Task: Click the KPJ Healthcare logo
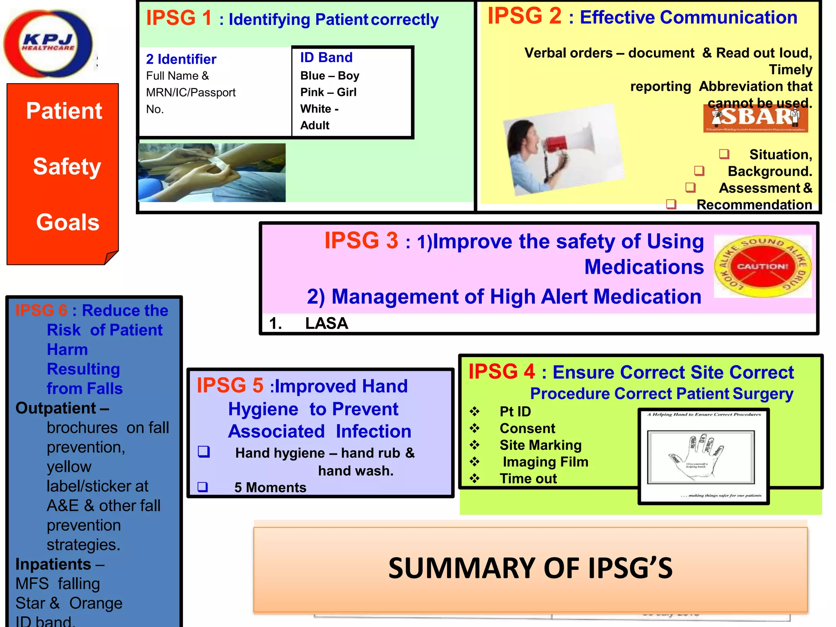(48, 43)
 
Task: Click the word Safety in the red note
(67, 167)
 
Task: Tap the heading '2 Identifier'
(181, 60)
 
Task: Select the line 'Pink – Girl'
(328, 92)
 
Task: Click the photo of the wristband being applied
(211, 172)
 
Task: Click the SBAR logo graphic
(755, 118)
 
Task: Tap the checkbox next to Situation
(724, 154)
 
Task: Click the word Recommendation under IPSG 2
(754, 205)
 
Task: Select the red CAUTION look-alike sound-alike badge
(762, 266)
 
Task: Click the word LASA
(326, 323)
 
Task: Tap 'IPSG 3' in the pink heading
(361, 240)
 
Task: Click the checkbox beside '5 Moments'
(203, 487)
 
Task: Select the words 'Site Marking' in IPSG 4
(540, 445)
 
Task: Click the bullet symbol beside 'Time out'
(474, 478)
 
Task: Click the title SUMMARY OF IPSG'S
(530, 568)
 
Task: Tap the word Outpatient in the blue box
(56, 408)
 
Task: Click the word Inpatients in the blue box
(53, 564)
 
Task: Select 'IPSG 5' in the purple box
(230, 385)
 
